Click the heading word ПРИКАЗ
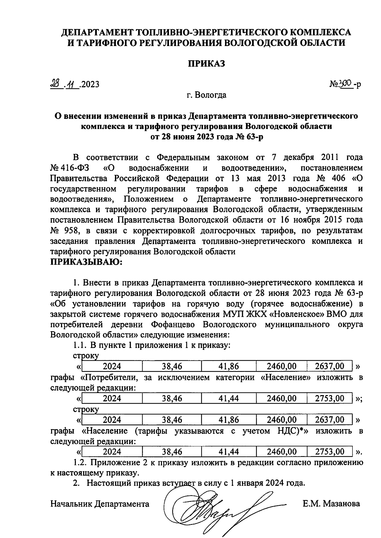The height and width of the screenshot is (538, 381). [x=206, y=64]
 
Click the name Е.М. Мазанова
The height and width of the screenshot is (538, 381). [x=331, y=504]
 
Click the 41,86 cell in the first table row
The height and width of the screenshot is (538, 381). [x=229, y=366]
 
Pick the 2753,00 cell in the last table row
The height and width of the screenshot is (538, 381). [x=330, y=452]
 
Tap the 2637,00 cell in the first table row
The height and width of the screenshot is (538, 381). [x=330, y=366]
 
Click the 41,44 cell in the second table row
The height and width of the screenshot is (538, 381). [x=229, y=398]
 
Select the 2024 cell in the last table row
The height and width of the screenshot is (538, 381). [x=112, y=452]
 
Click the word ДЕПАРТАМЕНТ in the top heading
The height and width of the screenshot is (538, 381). [x=97, y=32]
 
